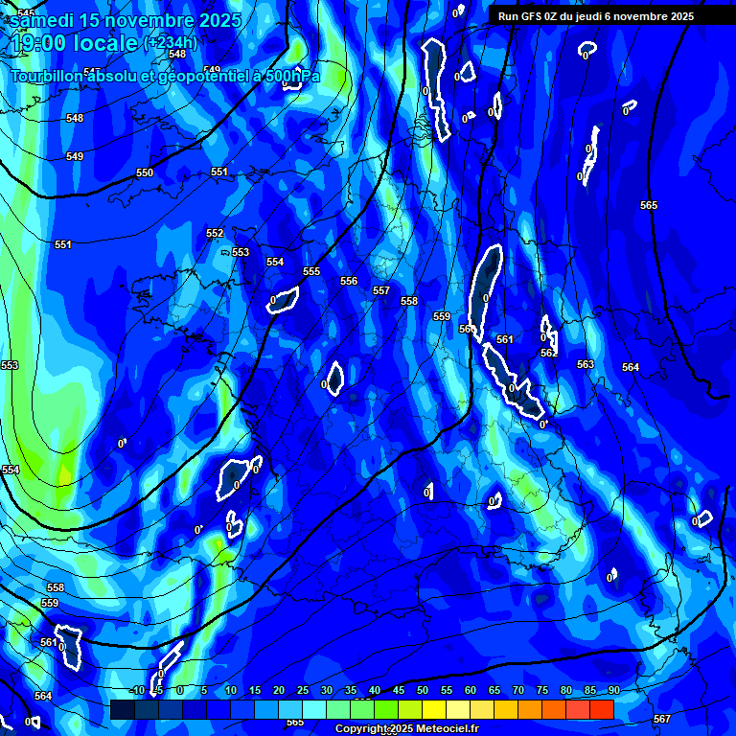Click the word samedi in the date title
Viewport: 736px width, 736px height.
(42, 20)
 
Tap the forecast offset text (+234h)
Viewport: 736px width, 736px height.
(170, 42)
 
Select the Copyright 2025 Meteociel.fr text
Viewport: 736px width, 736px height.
(406, 728)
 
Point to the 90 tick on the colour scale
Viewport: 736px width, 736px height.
(613, 691)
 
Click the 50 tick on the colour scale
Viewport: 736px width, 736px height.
(423, 691)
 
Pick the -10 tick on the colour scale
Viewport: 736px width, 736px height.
(138, 691)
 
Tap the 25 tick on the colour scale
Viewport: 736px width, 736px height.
(303, 691)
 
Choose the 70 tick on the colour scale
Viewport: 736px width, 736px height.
(518, 691)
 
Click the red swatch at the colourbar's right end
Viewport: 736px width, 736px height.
(602, 709)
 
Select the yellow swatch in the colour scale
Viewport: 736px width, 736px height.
(434, 709)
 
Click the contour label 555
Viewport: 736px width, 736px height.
(311, 272)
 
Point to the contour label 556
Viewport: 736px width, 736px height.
(349, 281)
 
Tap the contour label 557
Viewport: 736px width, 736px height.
(381, 290)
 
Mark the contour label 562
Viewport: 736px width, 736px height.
(548, 353)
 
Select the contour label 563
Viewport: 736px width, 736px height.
(586, 364)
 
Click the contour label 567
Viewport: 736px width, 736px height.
(661, 719)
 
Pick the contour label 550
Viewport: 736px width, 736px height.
(144, 173)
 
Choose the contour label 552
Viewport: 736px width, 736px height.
(215, 233)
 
